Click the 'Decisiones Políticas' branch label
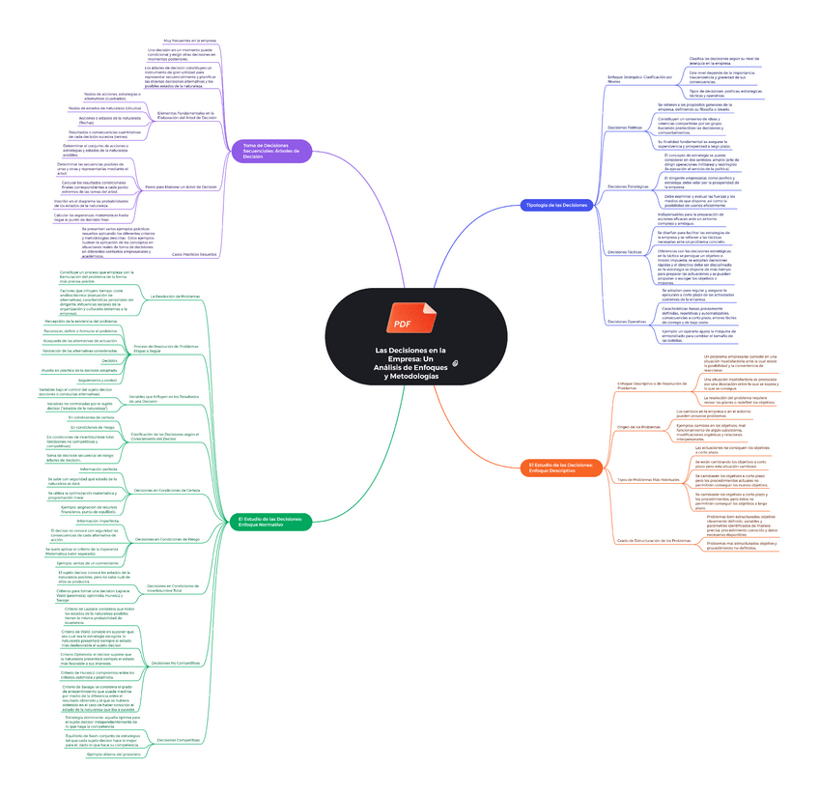(x=624, y=127)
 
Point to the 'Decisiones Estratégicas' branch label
(x=628, y=186)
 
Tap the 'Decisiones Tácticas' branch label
(x=624, y=252)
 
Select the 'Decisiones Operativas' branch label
(x=626, y=321)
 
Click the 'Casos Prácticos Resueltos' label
(x=193, y=254)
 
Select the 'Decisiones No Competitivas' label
(x=176, y=663)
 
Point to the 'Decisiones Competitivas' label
(x=178, y=739)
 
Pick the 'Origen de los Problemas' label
(x=638, y=426)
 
